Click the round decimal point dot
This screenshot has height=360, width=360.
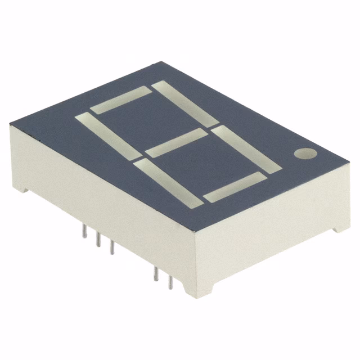click(305, 154)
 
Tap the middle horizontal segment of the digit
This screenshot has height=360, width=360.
click(176, 143)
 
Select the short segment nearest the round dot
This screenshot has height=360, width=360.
click(233, 187)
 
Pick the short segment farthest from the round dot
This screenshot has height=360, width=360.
click(120, 101)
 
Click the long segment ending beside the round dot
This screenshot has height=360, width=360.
click(246, 147)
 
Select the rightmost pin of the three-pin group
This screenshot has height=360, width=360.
click(111, 247)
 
